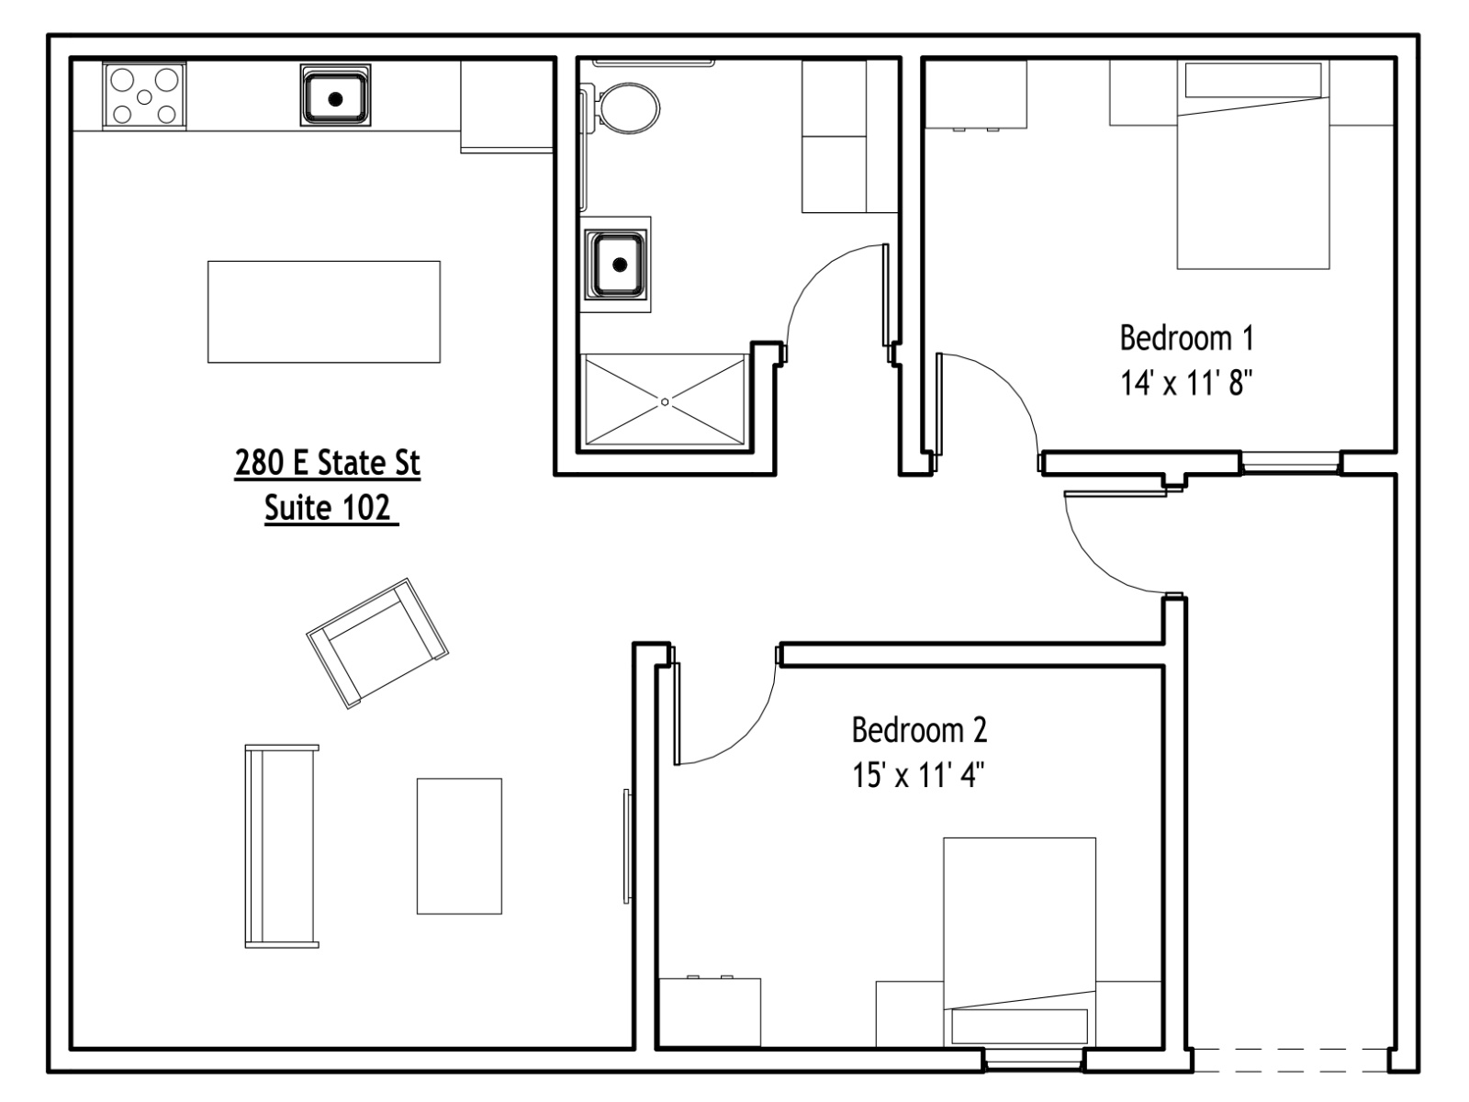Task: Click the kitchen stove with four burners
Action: coord(144,96)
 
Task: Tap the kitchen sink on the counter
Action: coord(335,96)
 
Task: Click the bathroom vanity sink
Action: coord(616,264)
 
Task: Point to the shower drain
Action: coord(665,402)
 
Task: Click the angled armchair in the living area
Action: coord(377,643)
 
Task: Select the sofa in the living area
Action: coord(282,846)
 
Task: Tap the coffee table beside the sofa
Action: coord(459,846)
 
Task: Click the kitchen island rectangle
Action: coord(324,312)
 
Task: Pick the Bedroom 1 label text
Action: coord(1186,339)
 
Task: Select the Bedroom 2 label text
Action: coord(920,730)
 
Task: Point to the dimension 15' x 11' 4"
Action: coord(918,775)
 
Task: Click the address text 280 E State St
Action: coord(327,463)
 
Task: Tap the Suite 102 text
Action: coord(327,508)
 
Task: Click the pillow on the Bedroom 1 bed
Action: coord(1253,80)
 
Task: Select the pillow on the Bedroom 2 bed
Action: coord(1019,1026)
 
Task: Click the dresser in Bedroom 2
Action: coord(710,1012)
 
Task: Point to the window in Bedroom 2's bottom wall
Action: coord(1034,1059)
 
